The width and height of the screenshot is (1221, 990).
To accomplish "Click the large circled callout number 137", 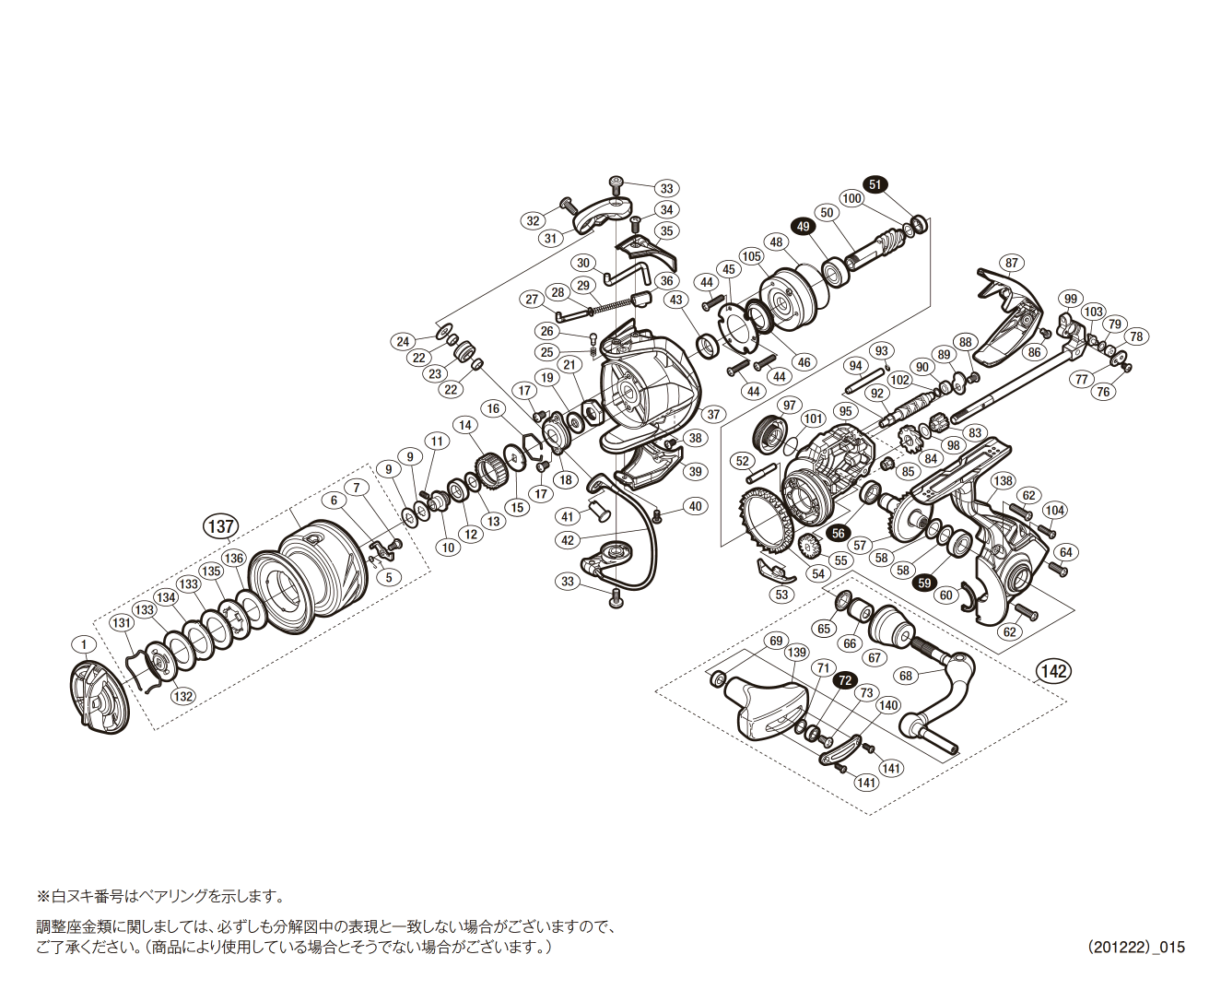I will click(x=220, y=526).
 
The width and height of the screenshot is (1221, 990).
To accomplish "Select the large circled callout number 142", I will click(x=1052, y=671).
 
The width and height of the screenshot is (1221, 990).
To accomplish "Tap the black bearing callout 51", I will click(x=875, y=184).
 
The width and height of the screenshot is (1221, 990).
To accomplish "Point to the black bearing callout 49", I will click(x=803, y=227).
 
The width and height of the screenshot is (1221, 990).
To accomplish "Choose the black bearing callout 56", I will click(x=838, y=534).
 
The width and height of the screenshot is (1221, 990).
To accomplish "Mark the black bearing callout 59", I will click(x=924, y=583).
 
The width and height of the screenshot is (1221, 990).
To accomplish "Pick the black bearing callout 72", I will click(x=843, y=680).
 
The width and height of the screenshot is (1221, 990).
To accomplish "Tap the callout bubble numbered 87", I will click(x=1012, y=263).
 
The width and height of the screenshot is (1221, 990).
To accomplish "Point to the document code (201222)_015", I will click(x=1135, y=947).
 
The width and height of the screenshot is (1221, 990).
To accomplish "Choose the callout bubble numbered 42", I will click(x=568, y=540).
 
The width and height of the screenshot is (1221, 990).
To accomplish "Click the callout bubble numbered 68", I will click(x=906, y=676).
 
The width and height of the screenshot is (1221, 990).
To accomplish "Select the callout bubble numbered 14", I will click(x=465, y=425).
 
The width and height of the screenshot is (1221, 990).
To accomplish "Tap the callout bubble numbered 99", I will click(x=1069, y=298).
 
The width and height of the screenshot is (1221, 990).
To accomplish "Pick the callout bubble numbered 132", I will click(x=183, y=696).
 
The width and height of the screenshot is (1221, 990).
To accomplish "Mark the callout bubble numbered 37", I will click(x=713, y=414).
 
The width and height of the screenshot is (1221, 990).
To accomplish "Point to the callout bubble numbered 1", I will click(x=84, y=643).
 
